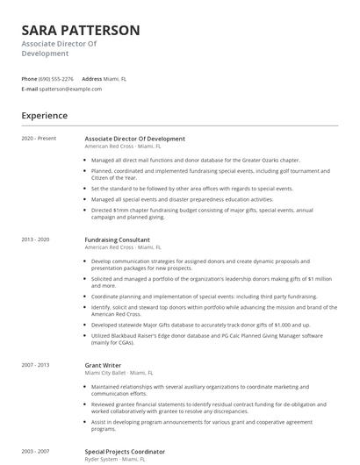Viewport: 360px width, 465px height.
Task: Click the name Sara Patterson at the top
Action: point(80,30)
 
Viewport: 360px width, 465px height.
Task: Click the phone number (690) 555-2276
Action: point(57,78)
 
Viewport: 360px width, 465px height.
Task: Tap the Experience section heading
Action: point(44,115)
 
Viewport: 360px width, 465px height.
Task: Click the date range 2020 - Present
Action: point(39,139)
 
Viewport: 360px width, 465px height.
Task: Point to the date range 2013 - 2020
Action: point(36,240)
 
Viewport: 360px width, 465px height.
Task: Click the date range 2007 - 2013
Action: point(36,365)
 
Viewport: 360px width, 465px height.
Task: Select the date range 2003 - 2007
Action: point(36,451)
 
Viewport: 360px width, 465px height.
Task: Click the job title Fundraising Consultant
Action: point(117,240)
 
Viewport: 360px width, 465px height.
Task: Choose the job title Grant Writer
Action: point(102,365)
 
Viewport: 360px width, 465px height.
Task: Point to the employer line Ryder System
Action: point(102,459)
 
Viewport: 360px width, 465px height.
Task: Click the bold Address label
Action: point(92,78)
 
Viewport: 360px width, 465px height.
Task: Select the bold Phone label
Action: point(29,78)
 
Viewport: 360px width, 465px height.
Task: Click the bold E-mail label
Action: point(30,89)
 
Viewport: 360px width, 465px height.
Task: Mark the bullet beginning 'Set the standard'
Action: point(179,189)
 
